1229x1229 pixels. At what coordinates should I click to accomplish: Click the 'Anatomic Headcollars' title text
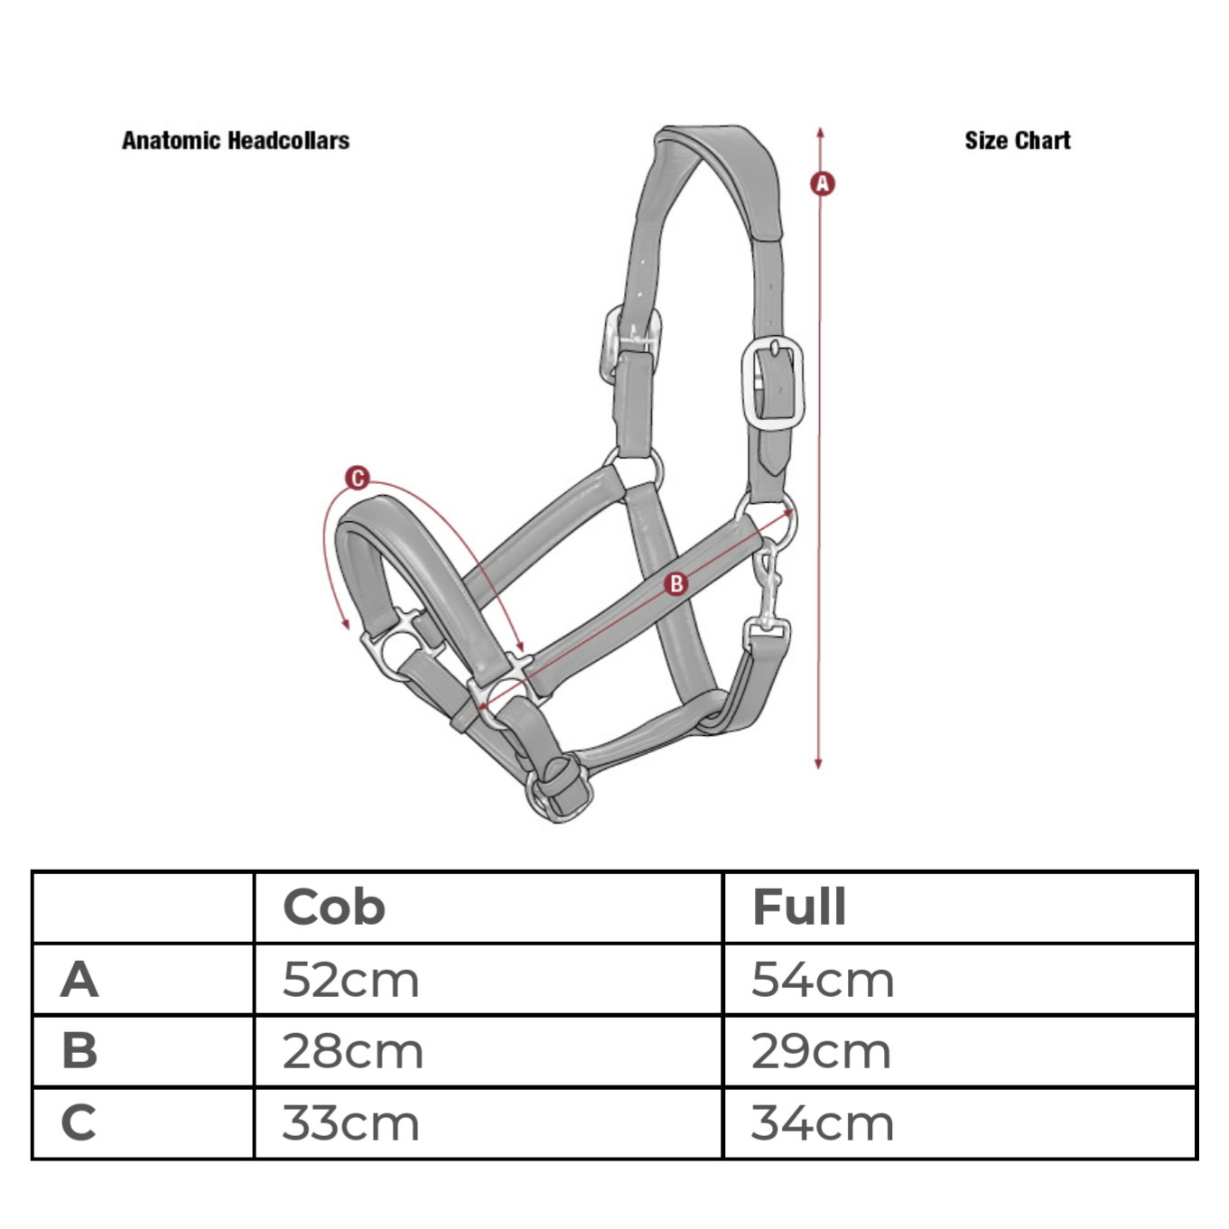pyautogui.click(x=236, y=140)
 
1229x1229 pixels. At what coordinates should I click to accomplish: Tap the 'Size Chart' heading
pyautogui.click(x=1018, y=140)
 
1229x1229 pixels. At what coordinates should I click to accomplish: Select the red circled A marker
pyautogui.click(x=822, y=183)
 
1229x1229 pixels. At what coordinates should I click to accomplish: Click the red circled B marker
pyautogui.click(x=675, y=583)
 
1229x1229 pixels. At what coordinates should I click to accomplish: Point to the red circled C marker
pyautogui.click(x=358, y=478)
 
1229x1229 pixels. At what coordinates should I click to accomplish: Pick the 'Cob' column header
pyautogui.click(x=334, y=907)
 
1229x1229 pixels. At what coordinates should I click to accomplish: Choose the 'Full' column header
pyautogui.click(x=799, y=907)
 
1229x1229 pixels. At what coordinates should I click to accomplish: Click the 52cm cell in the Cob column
pyautogui.click(x=350, y=980)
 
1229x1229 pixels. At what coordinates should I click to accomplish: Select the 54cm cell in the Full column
pyautogui.click(x=823, y=980)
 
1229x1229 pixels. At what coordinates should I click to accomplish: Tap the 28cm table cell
pyautogui.click(x=353, y=1052)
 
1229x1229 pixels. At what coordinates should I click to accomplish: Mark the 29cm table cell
pyautogui.click(x=822, y=1052)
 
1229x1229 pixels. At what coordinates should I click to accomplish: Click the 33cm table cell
pyautogui.click(x=350, y=1123)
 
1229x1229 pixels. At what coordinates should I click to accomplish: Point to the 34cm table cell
pyautogui.click(x=823, y=1123)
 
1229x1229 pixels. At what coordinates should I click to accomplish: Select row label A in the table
pyautogui.click(x=79, y=980)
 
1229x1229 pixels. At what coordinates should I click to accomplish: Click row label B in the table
pyautogui.click(x=79, y=1052)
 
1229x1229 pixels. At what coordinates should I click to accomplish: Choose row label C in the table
pyautogui.click(x=79, y=1123)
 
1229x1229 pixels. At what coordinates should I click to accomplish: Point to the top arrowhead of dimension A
pyautogui.click(x=820, y=133)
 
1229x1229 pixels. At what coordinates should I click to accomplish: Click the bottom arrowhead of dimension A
pyautogui.click(x=818, y=765)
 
